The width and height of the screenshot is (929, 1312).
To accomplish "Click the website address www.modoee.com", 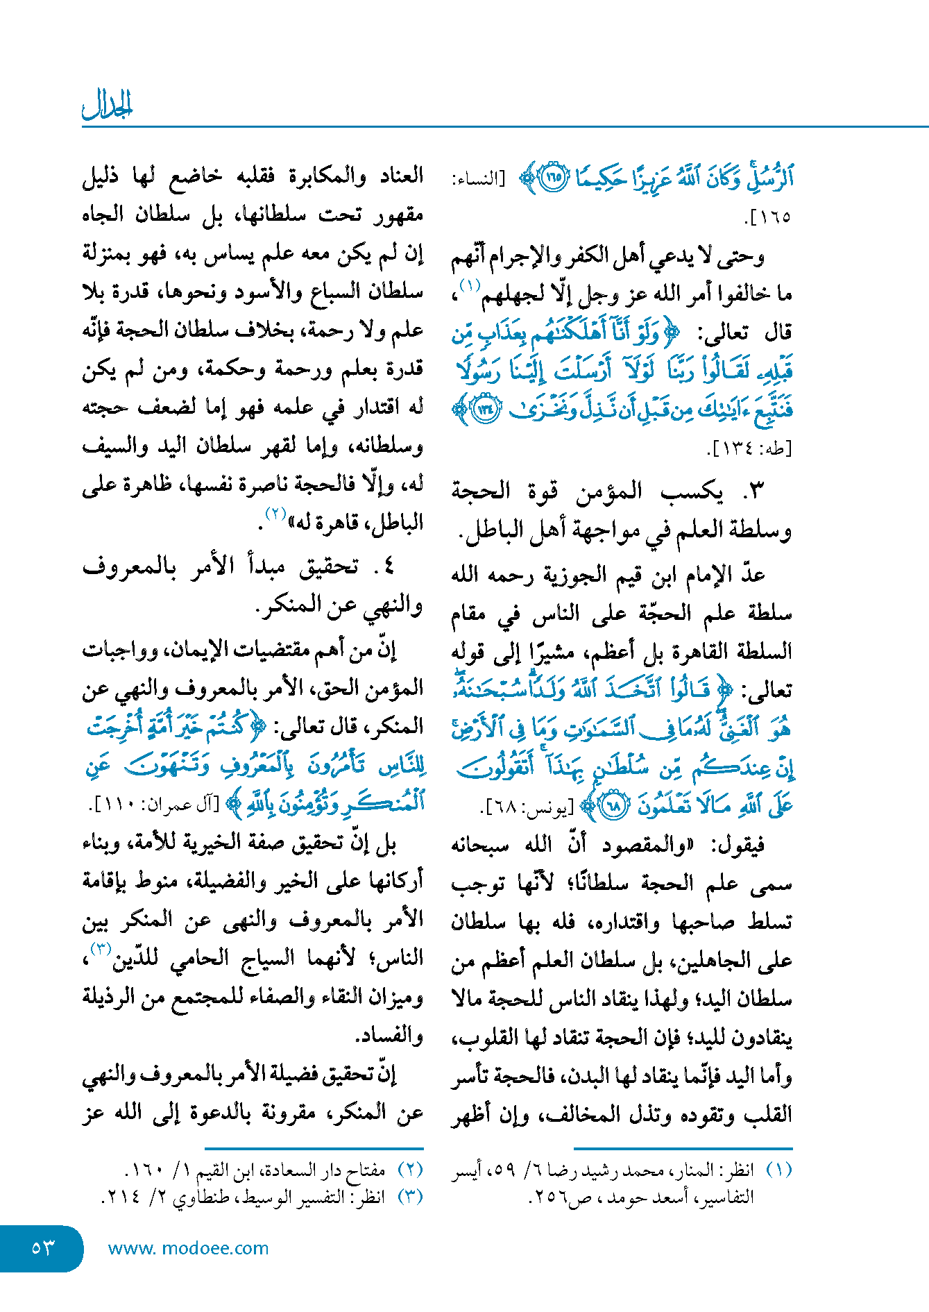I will pyautogui.click(x=188, y=1248).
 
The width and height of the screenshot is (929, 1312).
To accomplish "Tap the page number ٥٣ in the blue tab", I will pyautogui.click(x=42, y=1248).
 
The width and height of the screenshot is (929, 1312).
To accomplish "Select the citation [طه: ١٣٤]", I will pyautogui.click(x=749, y=448).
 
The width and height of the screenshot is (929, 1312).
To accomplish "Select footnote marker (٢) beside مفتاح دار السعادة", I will pyautogui.click(x=410, y=1170).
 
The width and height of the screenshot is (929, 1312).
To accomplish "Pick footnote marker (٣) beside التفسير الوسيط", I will pyautogui.click(x=410, y=1197).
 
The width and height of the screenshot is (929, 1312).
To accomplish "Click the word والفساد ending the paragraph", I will pyautogui.click(x=389, y=1036).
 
